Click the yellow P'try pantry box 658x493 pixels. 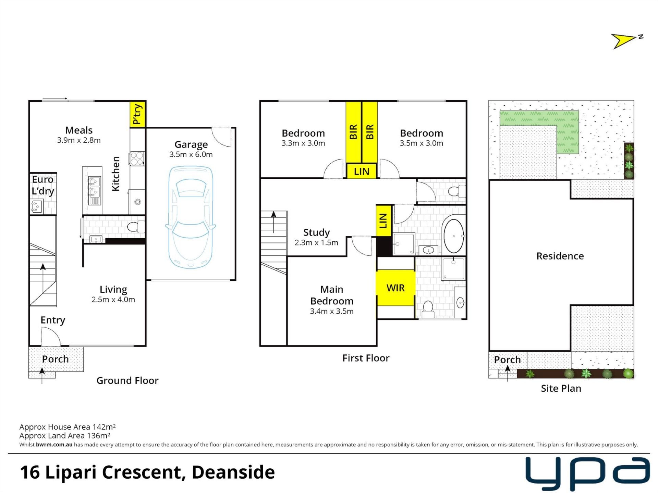point(138,114)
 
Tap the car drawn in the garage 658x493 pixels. point(191,217)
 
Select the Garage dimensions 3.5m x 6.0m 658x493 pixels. point(191,154)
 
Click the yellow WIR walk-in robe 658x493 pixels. point(396,288)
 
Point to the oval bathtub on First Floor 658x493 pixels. point(454,236)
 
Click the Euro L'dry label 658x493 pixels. point(43,185)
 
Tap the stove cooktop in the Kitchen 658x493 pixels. point(137,159)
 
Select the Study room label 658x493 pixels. point(316,232)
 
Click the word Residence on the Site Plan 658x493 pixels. point(560,256)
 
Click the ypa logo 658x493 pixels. point(587,474)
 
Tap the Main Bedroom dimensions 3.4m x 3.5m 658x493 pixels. point(331,311)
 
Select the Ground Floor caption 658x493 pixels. point(127,380)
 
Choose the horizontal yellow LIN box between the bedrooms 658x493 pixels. point(362,171)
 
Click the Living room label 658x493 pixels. point(113,290)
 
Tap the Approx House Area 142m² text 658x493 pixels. point(68,427)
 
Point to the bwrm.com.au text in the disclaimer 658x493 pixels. point(54,444)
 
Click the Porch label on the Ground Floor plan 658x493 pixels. point(55,359)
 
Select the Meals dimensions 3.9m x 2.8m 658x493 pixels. point(79,140)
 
